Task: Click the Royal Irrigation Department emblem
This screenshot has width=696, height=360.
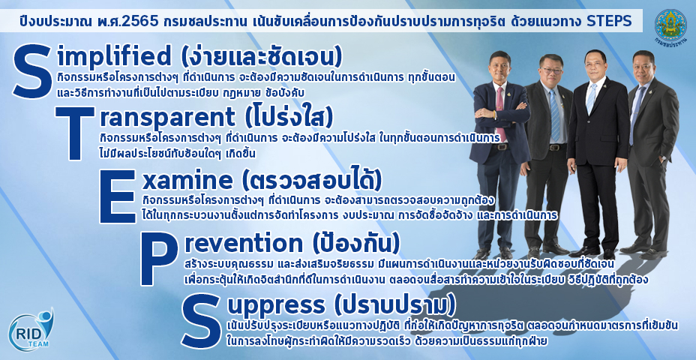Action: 670,25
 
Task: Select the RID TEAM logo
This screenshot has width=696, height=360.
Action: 31,328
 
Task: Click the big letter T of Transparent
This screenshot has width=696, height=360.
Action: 74,133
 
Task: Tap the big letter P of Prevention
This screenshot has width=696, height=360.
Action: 159,259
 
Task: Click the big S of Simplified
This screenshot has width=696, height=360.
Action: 33,72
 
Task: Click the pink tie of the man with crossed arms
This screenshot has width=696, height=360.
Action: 500,108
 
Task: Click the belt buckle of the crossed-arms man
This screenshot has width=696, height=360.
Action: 502,147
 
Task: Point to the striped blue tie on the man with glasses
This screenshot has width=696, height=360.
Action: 554,115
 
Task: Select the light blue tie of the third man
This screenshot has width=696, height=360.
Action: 591,98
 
